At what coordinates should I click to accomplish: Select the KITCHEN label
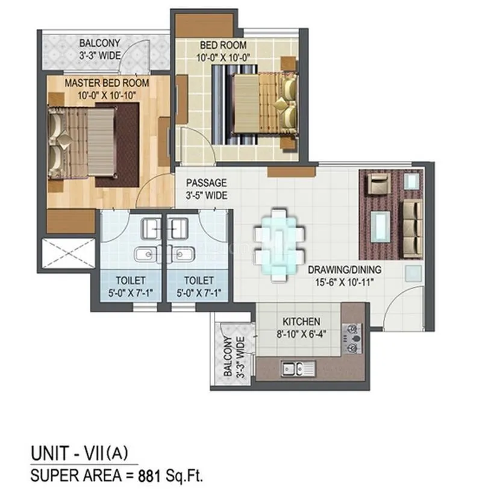coord(301,322)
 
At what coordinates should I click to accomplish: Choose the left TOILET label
coord(131,280)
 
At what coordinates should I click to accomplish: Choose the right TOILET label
coord(198,280)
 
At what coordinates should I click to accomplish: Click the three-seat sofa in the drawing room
coord(412,219)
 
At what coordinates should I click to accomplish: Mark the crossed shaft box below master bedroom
coord(68,254)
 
